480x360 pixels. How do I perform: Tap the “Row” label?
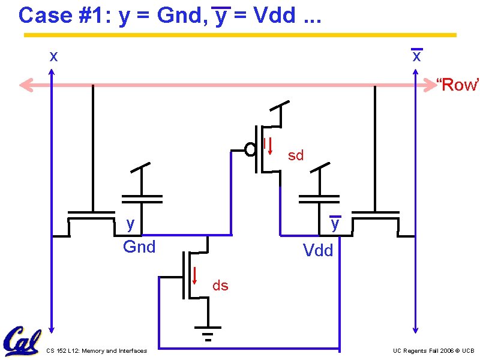(x=457, y=85)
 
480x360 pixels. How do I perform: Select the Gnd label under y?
(x=139, y=247)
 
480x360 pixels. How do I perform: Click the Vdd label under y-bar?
(x=318, y=250)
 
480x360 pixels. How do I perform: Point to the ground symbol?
(x=208, y=333)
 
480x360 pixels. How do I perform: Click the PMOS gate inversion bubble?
(x=250, y=149)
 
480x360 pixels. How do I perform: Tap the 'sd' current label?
(x=296, y=156)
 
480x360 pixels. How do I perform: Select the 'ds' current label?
(x=220, y=286)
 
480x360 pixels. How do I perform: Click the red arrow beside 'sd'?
(x=270, y=146)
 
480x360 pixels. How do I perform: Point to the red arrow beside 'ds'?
(x=195, y=274)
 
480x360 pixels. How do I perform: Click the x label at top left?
(x=53, y=57)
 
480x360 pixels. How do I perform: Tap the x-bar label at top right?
(x=416, y=57)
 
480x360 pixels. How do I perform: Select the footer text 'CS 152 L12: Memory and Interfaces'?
(x=96, y=350)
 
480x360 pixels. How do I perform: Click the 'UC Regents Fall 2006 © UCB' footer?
(x=434, y=350)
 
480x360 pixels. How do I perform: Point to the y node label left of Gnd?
(x=130, y=224)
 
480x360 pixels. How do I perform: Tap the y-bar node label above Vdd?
(x=335, y=224)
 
